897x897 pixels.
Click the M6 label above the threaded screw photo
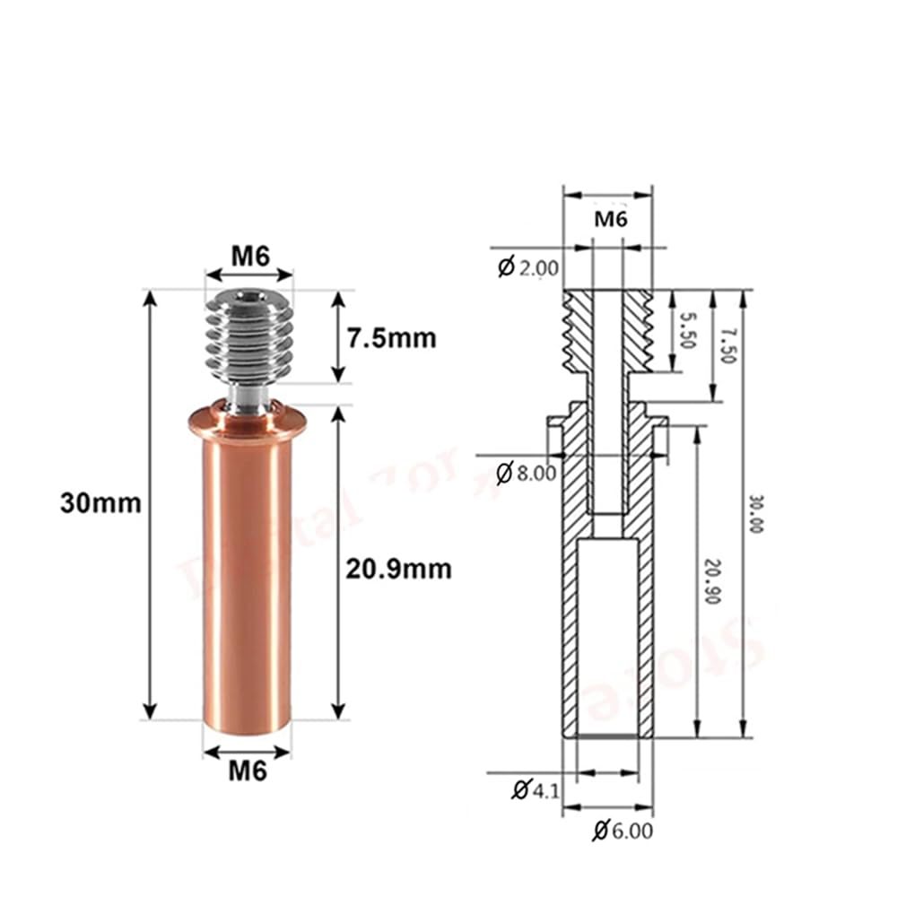250,256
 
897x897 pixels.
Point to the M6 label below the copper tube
248,771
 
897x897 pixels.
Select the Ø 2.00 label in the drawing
527,267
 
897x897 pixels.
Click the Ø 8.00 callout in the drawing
527,473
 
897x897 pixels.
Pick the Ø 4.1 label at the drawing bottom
536,790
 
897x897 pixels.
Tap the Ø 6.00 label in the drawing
623,831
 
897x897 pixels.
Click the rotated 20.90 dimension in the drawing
710,582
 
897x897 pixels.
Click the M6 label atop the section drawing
609,220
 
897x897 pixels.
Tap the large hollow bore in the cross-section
608,637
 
